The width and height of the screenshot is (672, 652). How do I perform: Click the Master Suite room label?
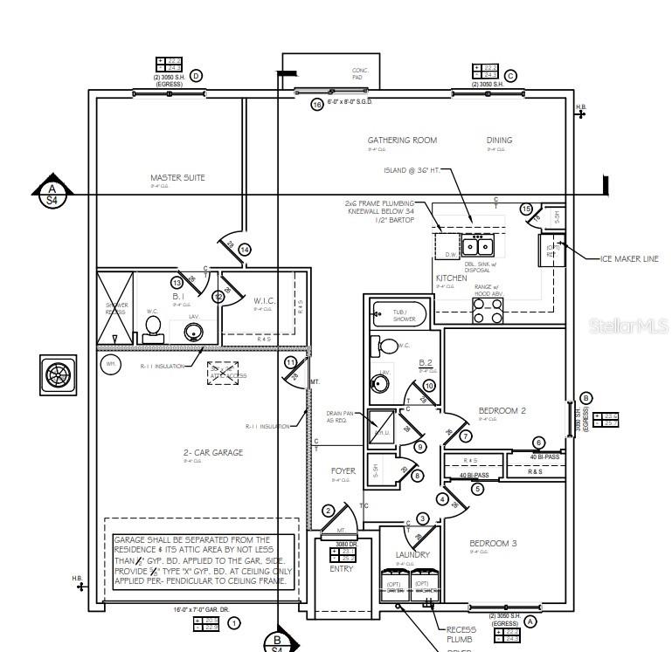pos(177,178)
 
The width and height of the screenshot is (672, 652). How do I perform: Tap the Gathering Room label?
pos(402,140)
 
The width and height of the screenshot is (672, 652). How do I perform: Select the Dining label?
pos(499,140)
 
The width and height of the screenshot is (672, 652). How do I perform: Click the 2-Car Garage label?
pos(212,452)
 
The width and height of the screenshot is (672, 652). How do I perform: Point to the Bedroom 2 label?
pos(502,410)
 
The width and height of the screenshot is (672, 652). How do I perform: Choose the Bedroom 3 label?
pos(493,543)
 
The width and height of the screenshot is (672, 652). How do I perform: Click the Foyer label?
pos(343,471)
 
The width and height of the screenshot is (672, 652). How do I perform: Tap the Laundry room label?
pos(412,554)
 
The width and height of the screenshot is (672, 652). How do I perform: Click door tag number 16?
pos(317,105)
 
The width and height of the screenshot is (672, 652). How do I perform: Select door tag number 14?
pos(245,251)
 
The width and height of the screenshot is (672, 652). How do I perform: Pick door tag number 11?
pos(291,362)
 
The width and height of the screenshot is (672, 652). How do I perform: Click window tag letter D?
pos(196,76)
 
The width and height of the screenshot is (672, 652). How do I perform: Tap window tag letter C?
pos(510,76)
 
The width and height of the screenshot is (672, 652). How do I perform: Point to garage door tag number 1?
pos(234,623)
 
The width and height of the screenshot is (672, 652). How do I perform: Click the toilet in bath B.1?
pos(154,326)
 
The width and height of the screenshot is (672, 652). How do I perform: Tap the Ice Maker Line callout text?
pos(628,259)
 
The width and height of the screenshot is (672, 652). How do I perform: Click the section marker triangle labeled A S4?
pos(52,190)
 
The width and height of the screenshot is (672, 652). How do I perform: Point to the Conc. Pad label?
pos(360,73)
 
